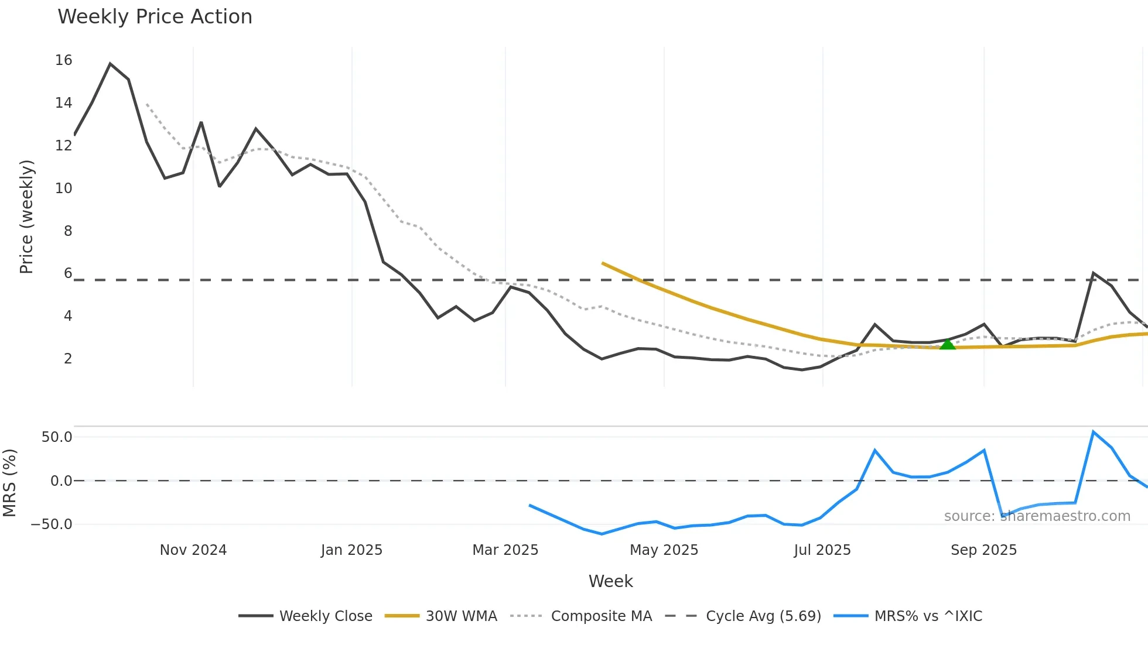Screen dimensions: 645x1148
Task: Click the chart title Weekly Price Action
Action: (155, 17)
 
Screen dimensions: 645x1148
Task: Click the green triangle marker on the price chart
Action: (947, 344)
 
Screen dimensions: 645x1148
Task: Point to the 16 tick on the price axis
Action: (63, 60)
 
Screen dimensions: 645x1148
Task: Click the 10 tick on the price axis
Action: (63, 188)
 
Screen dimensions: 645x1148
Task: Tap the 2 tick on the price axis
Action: (68, 359)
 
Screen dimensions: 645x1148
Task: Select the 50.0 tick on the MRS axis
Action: (57, 437)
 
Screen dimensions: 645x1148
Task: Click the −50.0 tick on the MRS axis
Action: (52, 524)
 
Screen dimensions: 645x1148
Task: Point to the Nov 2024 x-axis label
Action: (193, 550)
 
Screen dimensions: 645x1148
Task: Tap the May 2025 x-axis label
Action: (664, 550)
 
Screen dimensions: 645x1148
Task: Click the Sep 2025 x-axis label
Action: (983, 550)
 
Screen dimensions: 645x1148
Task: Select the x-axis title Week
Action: (610, 581)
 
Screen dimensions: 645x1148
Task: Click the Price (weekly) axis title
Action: (26, 217)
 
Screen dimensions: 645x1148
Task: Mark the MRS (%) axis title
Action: (9, 483)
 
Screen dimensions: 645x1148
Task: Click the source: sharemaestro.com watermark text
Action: (1037, 516)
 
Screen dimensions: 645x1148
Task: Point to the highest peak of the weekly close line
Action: (110, 64)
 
